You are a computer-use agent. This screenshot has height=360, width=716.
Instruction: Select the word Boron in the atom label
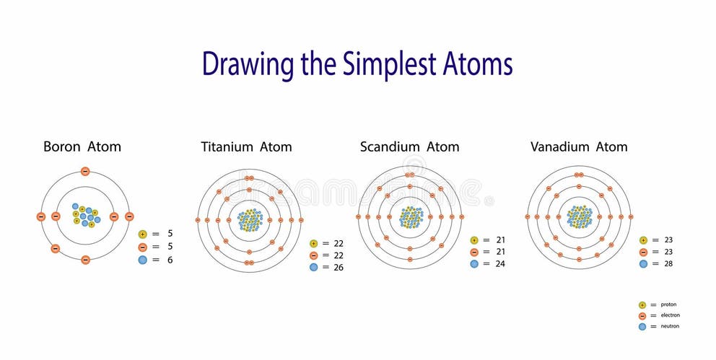62,146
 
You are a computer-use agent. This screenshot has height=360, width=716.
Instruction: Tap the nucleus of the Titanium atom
250,219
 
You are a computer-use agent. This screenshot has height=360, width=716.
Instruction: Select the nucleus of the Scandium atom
411,216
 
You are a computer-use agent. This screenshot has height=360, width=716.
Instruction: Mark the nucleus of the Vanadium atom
579,216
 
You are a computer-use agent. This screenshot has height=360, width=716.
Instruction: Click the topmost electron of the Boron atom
85,172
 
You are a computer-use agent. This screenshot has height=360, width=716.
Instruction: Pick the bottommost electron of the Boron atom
85,259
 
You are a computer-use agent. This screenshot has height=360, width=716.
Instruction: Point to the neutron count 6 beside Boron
170,260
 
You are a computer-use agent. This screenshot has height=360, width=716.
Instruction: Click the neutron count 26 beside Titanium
339,267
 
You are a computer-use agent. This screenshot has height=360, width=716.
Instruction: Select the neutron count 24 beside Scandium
499,264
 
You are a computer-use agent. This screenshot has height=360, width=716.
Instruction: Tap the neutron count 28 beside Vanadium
668,264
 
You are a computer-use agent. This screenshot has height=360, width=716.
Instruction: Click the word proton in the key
669,304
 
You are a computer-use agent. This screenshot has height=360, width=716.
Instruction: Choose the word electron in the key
670,315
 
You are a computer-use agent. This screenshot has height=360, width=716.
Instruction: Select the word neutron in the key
670,326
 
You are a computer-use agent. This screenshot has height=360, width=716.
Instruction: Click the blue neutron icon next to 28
643,264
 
